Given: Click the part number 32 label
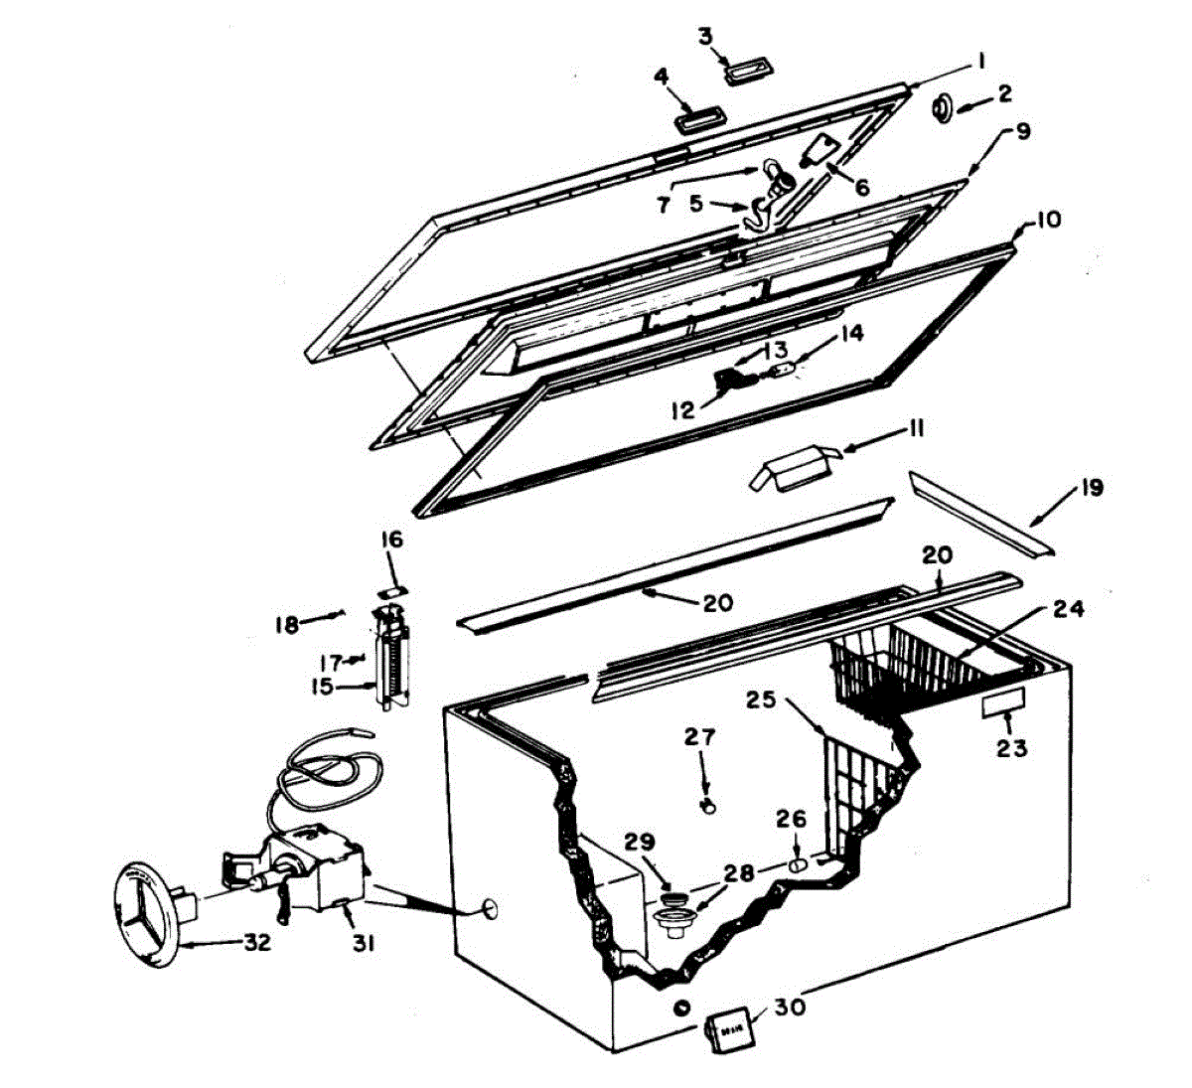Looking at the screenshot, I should (256, 943).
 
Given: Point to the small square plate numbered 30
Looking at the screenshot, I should (726, 1030).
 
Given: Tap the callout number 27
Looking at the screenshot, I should (699, 738).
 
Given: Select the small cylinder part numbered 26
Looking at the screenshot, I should (798, 865).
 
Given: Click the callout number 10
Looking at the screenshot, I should (1047, 220).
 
